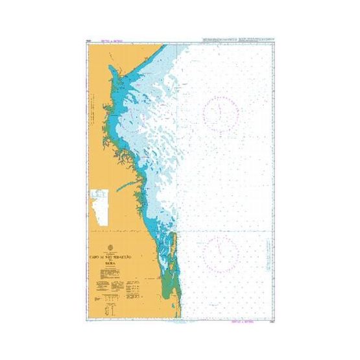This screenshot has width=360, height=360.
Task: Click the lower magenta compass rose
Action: click(221, 252)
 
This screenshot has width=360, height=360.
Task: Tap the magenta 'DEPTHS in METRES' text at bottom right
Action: click(240, 320)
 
